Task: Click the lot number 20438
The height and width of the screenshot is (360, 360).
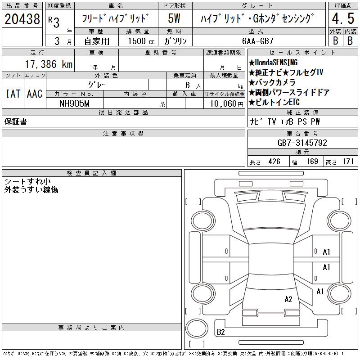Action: [x=22, y=19]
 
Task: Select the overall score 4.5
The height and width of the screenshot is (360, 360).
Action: [x=343, y=18]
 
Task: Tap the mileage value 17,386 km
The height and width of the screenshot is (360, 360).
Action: [x=49, y=64]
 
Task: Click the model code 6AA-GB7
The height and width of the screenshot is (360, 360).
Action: [x=258, y=41]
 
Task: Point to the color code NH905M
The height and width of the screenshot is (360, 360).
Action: [x=74, y=103]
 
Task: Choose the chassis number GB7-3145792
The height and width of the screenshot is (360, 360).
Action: [x=302, y=143]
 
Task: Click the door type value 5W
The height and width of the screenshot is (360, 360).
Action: [x=174, y=18]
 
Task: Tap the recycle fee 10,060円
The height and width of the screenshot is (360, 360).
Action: [x=227, y=104]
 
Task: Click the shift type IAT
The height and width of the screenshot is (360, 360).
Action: [x=13, y=94]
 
